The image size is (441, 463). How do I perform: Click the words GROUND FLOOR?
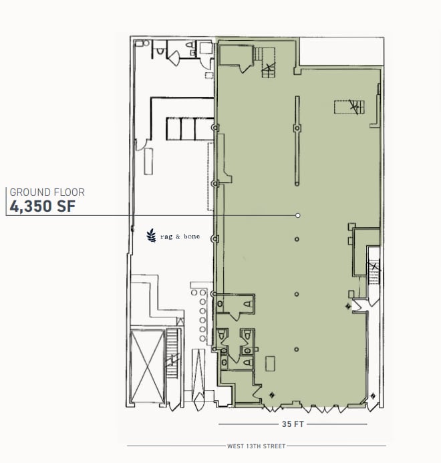(47, 192)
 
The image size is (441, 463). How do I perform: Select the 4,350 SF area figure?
(41, 206)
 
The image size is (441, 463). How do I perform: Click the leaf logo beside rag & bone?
(151, 235)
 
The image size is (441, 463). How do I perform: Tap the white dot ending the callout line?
(297, 215)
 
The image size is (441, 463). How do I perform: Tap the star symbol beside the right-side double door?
(347, 306)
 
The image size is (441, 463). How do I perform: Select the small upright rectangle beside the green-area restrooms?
(270, 363)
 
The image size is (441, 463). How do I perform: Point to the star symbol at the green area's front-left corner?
(271, 396)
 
